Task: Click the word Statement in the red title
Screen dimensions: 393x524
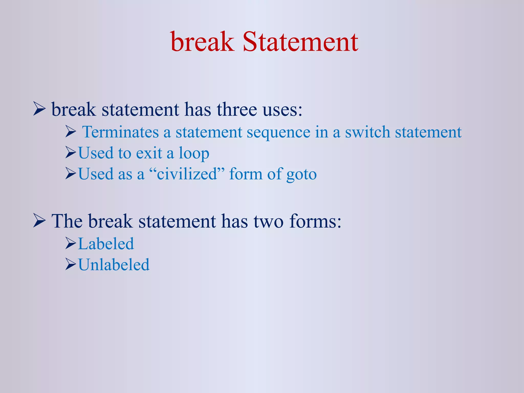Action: pyautogui.click(x=300, y=42)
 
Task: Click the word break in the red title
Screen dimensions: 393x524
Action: pyautogui.click(x=202, y=42)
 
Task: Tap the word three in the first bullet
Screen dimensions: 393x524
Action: pyautogui.click(x=237, y=110)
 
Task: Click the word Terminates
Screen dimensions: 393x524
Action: pyautogui.click(x=121, y=132)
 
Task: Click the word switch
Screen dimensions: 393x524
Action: pyautogui.click(x=367, y=132)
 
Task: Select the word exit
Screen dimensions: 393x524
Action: pyautogui.click(x=149, y=153)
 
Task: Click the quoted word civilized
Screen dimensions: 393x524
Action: pyautogui.click(x=187, y=174)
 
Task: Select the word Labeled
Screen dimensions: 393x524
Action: pyautogui.click(x=106, y=244)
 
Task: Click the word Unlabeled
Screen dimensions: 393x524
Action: pyautogui.click(x=114, y=265)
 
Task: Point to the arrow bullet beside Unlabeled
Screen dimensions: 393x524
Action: pyautogui.click(x=71, y=264)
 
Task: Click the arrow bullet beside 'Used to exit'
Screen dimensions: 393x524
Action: pyautogui.click(x=71, y=153)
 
